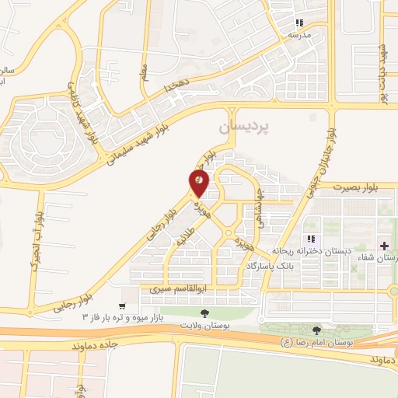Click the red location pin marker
tap(199, 183)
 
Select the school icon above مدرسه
tap(298, 23)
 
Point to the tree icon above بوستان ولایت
tap(204, 313)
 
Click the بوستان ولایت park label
tap(204, 326)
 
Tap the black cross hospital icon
tap(384, 246)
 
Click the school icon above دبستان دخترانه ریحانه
tap(311, 239)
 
